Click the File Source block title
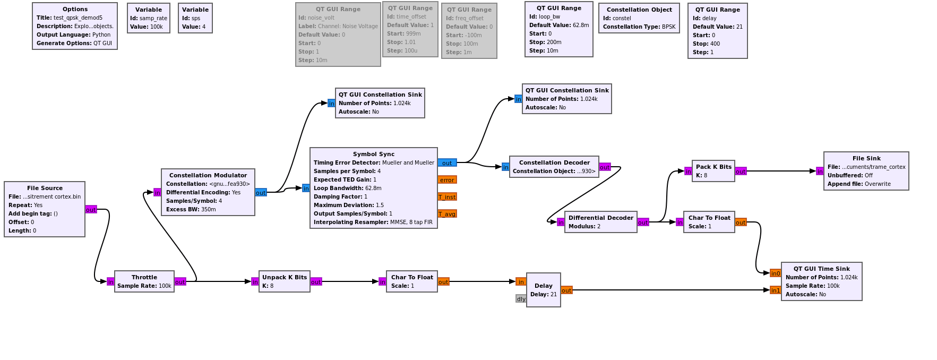[x=45, y=188]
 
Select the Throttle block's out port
[x=180, y=282]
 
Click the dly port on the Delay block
[x=521, y=299]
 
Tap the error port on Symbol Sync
[x=447, y=180]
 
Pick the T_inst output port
[x=447, y=197]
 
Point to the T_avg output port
[x=447, y=214]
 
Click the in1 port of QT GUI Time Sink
[x=775, y=290]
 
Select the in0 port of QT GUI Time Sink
[x=775, y=273]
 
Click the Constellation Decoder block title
[x=554, y=162]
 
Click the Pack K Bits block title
[x=714, y=167]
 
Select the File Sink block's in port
[x=820, y=172]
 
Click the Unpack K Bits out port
[x=316, y=282]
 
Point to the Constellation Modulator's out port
[x=261, y=193]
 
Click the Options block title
[x=75, y=9]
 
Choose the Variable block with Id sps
[x=195, y=18]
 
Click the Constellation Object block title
[x=639, y=10]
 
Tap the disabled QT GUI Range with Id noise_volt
[x=338, y=35]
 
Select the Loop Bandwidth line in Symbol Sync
[x=347, y=188]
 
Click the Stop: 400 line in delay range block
[x=707, y=44]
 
